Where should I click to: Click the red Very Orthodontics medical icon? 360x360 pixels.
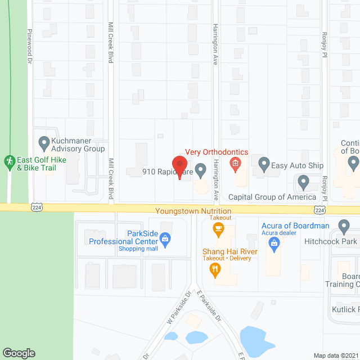click(235, 165)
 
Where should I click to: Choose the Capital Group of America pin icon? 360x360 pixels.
click(303, 183)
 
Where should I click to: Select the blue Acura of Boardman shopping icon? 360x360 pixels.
click(274, 242)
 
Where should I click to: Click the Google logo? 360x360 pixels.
click(19, 353)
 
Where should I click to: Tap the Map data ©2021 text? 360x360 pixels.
click(335, 355)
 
